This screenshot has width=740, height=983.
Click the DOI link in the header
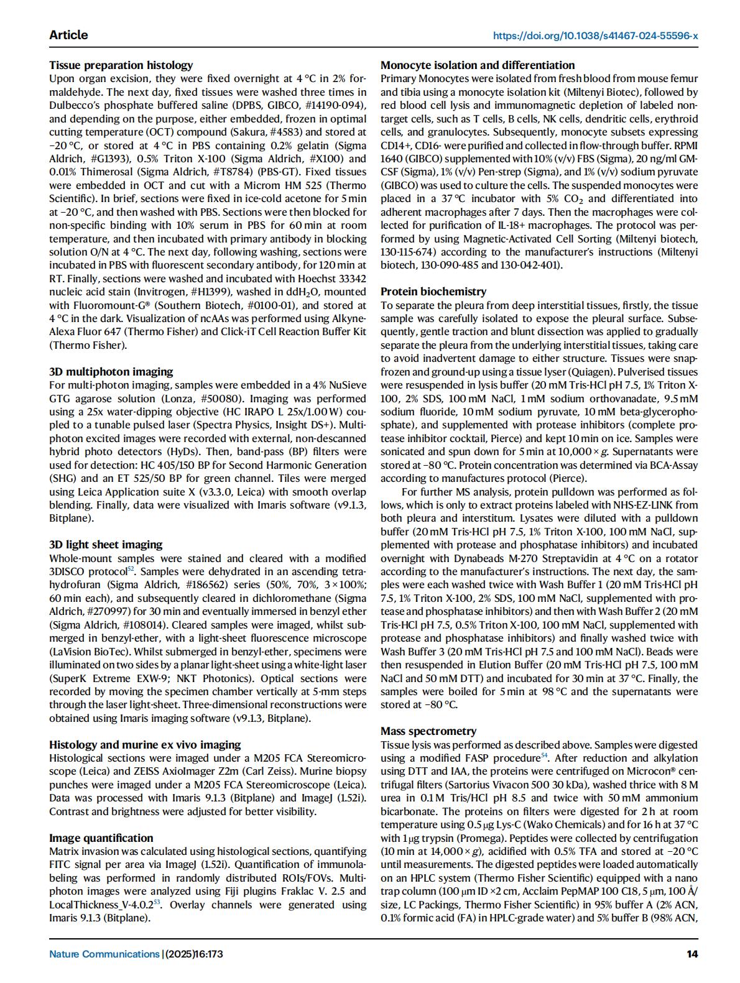(595, 36)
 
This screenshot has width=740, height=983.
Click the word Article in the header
(68, 35)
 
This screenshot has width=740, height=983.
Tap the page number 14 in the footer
(692, 954)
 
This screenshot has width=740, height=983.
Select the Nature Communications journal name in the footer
(104, 954)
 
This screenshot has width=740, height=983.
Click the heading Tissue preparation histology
(121, 65)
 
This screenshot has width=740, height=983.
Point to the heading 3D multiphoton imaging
(111, 372)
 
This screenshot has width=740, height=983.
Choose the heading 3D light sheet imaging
(106, 545)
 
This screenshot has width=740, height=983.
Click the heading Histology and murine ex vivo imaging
(145, 745)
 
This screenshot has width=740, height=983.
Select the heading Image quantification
(101, 838)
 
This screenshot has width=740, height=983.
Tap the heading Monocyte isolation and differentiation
(478, 65)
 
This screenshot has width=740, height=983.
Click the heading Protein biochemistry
(433, 292)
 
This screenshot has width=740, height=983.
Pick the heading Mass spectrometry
(428, 731)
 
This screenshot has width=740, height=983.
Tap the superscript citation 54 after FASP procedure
(544, 756)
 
